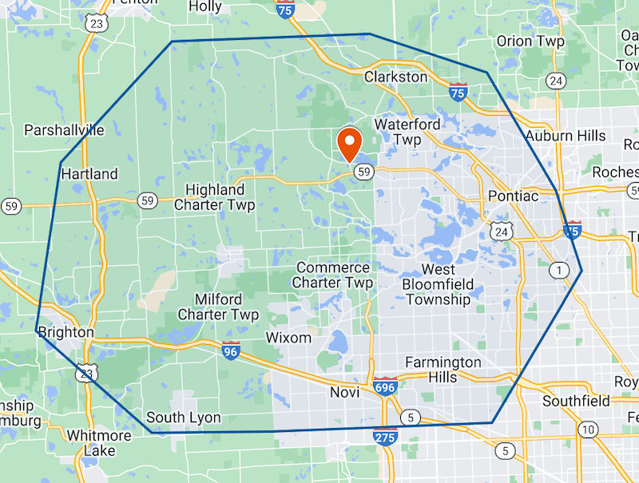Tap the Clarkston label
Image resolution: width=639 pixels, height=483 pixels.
(395, 77)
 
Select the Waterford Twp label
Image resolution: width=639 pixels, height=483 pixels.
(407, 132)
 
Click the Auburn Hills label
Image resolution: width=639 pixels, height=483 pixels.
(566, 136)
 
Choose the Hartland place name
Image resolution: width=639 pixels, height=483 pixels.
(89, 173)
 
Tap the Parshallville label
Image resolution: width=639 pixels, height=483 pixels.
(64, 130)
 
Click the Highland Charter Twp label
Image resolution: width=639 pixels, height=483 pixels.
(215, 197)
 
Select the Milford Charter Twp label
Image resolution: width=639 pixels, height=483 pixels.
(218, 307)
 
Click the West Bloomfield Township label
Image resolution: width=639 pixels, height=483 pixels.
(438, 284)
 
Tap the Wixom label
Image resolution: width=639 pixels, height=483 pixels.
(288, 337)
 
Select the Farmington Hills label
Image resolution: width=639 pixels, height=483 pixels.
(443, 370)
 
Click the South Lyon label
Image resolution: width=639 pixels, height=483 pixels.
(184, 418)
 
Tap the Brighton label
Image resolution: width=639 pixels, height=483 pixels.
(65, 332)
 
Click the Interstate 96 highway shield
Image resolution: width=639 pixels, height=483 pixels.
(231, 350)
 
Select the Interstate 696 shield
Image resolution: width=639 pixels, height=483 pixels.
(384, 387)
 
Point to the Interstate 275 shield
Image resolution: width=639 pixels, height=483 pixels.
(385, 437)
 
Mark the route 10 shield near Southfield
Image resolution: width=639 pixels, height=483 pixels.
(589, 430)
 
